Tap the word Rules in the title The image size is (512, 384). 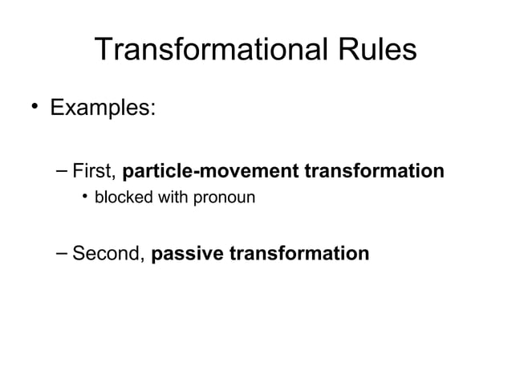tap(375, 51)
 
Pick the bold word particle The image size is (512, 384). tap(156, 172)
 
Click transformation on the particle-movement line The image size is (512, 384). tap(373, 172)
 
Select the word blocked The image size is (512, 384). tap(119, 197)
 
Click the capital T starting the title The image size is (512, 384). tap(104, 51)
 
